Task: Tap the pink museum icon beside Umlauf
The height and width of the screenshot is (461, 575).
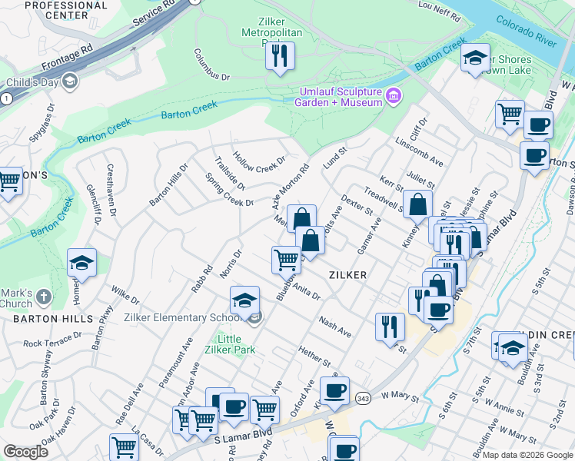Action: point(394,96)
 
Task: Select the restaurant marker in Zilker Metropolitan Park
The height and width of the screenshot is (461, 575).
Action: point(280,55)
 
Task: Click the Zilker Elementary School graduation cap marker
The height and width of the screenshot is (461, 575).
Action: point(244,300)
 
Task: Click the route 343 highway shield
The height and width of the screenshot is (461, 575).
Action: point(363,397)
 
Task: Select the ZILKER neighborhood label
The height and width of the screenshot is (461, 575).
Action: point(347,274)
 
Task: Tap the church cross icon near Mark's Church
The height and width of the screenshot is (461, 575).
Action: point(44,295)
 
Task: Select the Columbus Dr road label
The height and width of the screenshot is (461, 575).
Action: point(212,66)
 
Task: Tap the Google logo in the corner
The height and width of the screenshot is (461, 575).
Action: point(25,451)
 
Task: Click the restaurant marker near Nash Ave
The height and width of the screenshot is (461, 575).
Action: point(390,326)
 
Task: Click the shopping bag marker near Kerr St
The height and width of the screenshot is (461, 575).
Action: point(418,204)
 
